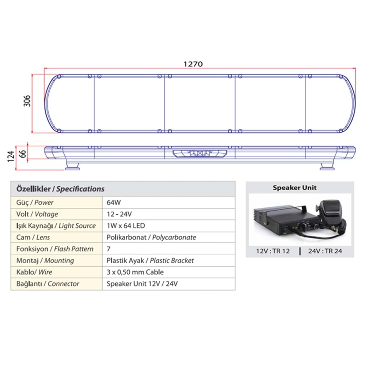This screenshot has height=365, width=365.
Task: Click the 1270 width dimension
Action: point(193,64)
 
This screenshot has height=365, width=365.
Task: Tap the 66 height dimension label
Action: point(23,153)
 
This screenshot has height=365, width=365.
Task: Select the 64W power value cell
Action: point(112,203)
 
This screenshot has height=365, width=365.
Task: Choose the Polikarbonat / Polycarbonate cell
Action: point(151,238)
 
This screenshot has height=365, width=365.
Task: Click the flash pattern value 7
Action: point(108,249)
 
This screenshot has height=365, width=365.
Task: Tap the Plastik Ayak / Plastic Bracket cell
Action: point(150,261)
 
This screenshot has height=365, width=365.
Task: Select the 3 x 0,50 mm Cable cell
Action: point(135,272)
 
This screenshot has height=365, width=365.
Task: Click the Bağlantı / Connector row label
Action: point(47,284)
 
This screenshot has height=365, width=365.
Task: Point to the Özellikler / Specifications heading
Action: point(61,189)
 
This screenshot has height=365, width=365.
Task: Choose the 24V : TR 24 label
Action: point(325,251)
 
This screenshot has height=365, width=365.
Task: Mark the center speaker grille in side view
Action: point(200,154)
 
